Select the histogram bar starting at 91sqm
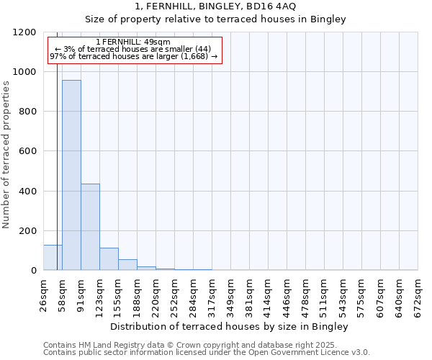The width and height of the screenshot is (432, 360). (90, 227)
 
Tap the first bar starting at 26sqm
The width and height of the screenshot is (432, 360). (52, 258)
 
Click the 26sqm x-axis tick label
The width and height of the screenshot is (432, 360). (44, 294)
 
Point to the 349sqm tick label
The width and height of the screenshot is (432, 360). (231, 294)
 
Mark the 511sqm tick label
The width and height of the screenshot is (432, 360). (325, 294)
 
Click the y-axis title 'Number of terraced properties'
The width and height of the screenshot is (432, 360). (6, 155)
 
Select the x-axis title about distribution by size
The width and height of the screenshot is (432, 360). (230, 327)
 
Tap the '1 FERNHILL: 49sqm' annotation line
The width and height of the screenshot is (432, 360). (133, 42)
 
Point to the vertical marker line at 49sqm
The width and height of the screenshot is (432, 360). (57, 166)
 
